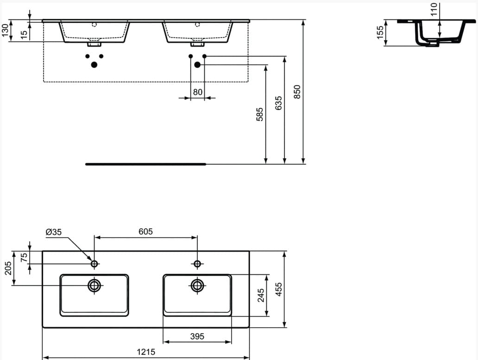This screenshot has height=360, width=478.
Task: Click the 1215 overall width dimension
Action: click(146, 352)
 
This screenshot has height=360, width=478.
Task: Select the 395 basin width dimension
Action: click(197, 336)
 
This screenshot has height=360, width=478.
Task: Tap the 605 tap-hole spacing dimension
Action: click(146, 231)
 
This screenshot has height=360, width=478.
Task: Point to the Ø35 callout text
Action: click(54, 232)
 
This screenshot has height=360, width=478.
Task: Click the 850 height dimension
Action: click(297, 92)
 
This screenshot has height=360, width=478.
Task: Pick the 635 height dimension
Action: click(278, 103)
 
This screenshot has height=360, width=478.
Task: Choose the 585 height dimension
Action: click(259, 114)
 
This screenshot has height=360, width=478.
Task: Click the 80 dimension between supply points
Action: click(197, 92)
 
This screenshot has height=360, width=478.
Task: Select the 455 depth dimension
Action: click(278, 289)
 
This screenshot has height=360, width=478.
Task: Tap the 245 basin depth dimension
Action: click(261, 295)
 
